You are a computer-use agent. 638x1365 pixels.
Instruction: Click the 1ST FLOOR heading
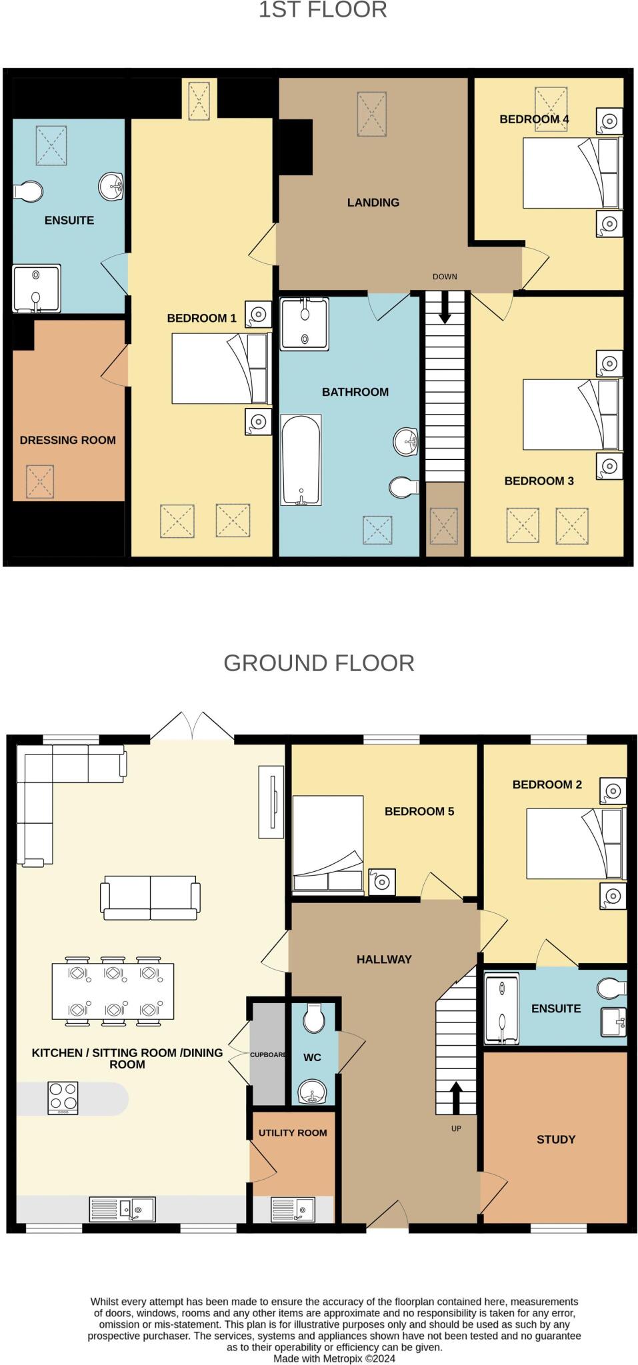tap(323, 10)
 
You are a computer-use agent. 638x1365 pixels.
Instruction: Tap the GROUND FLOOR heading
tap(319, 663)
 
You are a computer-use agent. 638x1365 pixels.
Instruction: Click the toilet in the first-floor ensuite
tap(28, 191)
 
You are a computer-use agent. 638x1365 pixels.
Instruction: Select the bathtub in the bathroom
tap(301, 460)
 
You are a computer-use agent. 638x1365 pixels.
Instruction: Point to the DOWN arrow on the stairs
tap(445, 309)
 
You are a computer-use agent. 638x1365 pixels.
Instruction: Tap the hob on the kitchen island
tap(63, 1098)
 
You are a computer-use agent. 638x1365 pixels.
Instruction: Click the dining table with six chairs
tap(113, 991)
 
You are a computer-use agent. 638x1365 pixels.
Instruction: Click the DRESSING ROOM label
tap(67, 440)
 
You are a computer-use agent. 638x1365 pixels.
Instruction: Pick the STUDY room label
tap(555, 1140)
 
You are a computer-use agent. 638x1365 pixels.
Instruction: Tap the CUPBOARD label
tap(267, 1055)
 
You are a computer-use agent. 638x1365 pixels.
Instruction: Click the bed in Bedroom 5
tap(328, 843)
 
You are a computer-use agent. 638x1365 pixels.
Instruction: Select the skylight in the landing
tap(372, 114)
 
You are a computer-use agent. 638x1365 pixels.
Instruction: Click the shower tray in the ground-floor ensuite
tap(501, 1008)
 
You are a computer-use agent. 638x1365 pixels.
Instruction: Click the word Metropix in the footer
tap(343, 1358)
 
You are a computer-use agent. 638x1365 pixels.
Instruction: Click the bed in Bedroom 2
tap(575, 844)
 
